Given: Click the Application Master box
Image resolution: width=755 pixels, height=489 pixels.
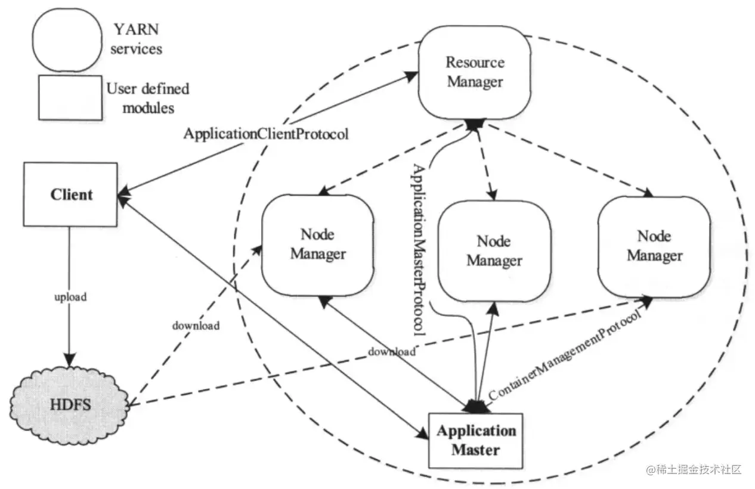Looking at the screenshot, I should tap(475, 440).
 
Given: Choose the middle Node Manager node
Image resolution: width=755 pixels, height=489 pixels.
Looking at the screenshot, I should tap(494, 250).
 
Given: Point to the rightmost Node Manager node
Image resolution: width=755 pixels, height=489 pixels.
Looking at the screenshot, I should tap(654, 246).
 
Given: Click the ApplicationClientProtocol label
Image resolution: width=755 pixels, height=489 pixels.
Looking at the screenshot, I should tap(265, 134).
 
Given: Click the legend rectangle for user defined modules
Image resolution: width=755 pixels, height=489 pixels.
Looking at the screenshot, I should tap(69, 97).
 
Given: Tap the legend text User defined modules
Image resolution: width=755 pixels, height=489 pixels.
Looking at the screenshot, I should tap(148, 98).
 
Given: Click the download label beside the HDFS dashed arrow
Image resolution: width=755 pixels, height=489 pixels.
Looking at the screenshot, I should tap(196, 326).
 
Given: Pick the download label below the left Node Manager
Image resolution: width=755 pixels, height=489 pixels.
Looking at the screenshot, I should tap(391, 351).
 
